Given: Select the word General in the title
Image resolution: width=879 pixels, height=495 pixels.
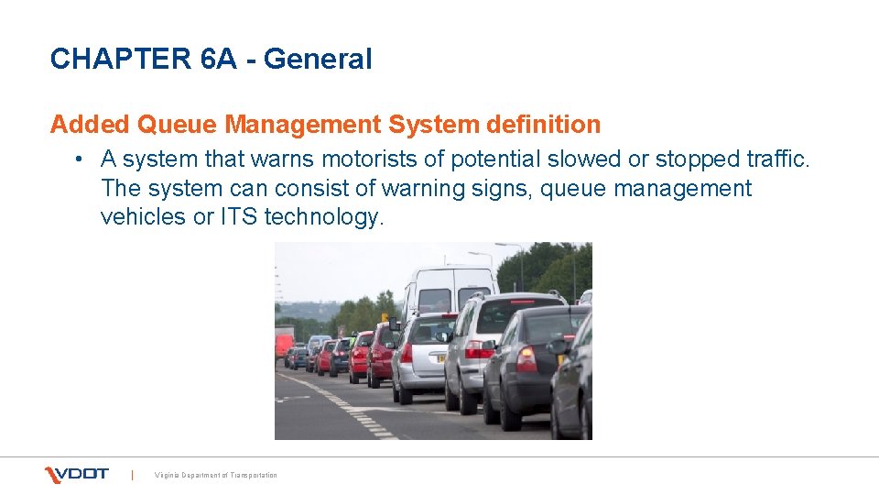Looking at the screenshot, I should pyautogui.click(x=318, y=60).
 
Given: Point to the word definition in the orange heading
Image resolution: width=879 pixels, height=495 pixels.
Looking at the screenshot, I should pyautogui.click(x=545, y=124).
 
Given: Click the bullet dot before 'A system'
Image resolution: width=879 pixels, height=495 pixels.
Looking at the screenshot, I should pyautogui.click(x=81, y=159).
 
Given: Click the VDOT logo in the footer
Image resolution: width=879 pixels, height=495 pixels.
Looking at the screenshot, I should pyautogui.click(x=77, y=474).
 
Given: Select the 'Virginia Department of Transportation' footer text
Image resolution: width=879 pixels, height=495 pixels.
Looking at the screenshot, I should pyautogui.click(x=216, y=475).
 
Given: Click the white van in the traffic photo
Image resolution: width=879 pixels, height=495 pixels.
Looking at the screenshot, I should pyautogui.click(x=450, y=290).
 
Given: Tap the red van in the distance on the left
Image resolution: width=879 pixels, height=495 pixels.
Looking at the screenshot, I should pyautogui.click(x=284, y=345).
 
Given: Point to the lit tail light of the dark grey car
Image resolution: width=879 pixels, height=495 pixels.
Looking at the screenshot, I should pyautogui.click(x=526, y=358).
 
